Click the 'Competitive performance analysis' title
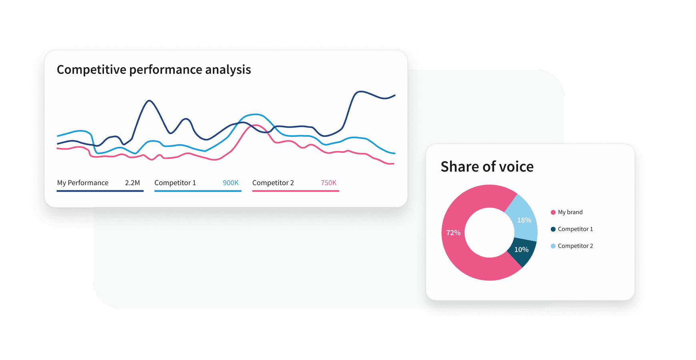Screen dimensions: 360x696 [x=154, y=70]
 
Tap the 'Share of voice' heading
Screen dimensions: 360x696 [x=487, y=166]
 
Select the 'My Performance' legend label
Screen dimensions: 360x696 [x=83, y=183]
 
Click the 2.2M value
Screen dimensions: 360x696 [x=132, y=183]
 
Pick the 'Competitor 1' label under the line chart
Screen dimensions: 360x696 [x=175, y=183]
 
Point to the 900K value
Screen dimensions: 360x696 [x=230, y=183]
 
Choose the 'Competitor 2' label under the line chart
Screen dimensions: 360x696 [x=273, y=183]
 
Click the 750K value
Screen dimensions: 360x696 [x=328, y=183]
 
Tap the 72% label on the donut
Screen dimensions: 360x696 [x=453, y=233]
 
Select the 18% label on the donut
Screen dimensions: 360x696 [x=524, y=220]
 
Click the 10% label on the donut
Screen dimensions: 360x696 [x=521, y=250]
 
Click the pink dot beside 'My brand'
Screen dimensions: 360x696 [x=553, y=212]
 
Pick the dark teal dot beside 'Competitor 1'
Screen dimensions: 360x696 [x=553, y=229]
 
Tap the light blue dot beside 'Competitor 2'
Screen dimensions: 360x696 [x=553, y=246]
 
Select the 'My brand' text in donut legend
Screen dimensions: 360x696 [x=570, y=212]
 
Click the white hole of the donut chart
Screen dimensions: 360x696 [x=489, y=233]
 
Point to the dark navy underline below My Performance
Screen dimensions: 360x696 [x=100, y=191]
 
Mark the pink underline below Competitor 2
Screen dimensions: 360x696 [x=296, y=191]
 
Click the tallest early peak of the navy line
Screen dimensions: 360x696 [x=150, y=101]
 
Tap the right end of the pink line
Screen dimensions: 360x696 [x=393, y=164]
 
